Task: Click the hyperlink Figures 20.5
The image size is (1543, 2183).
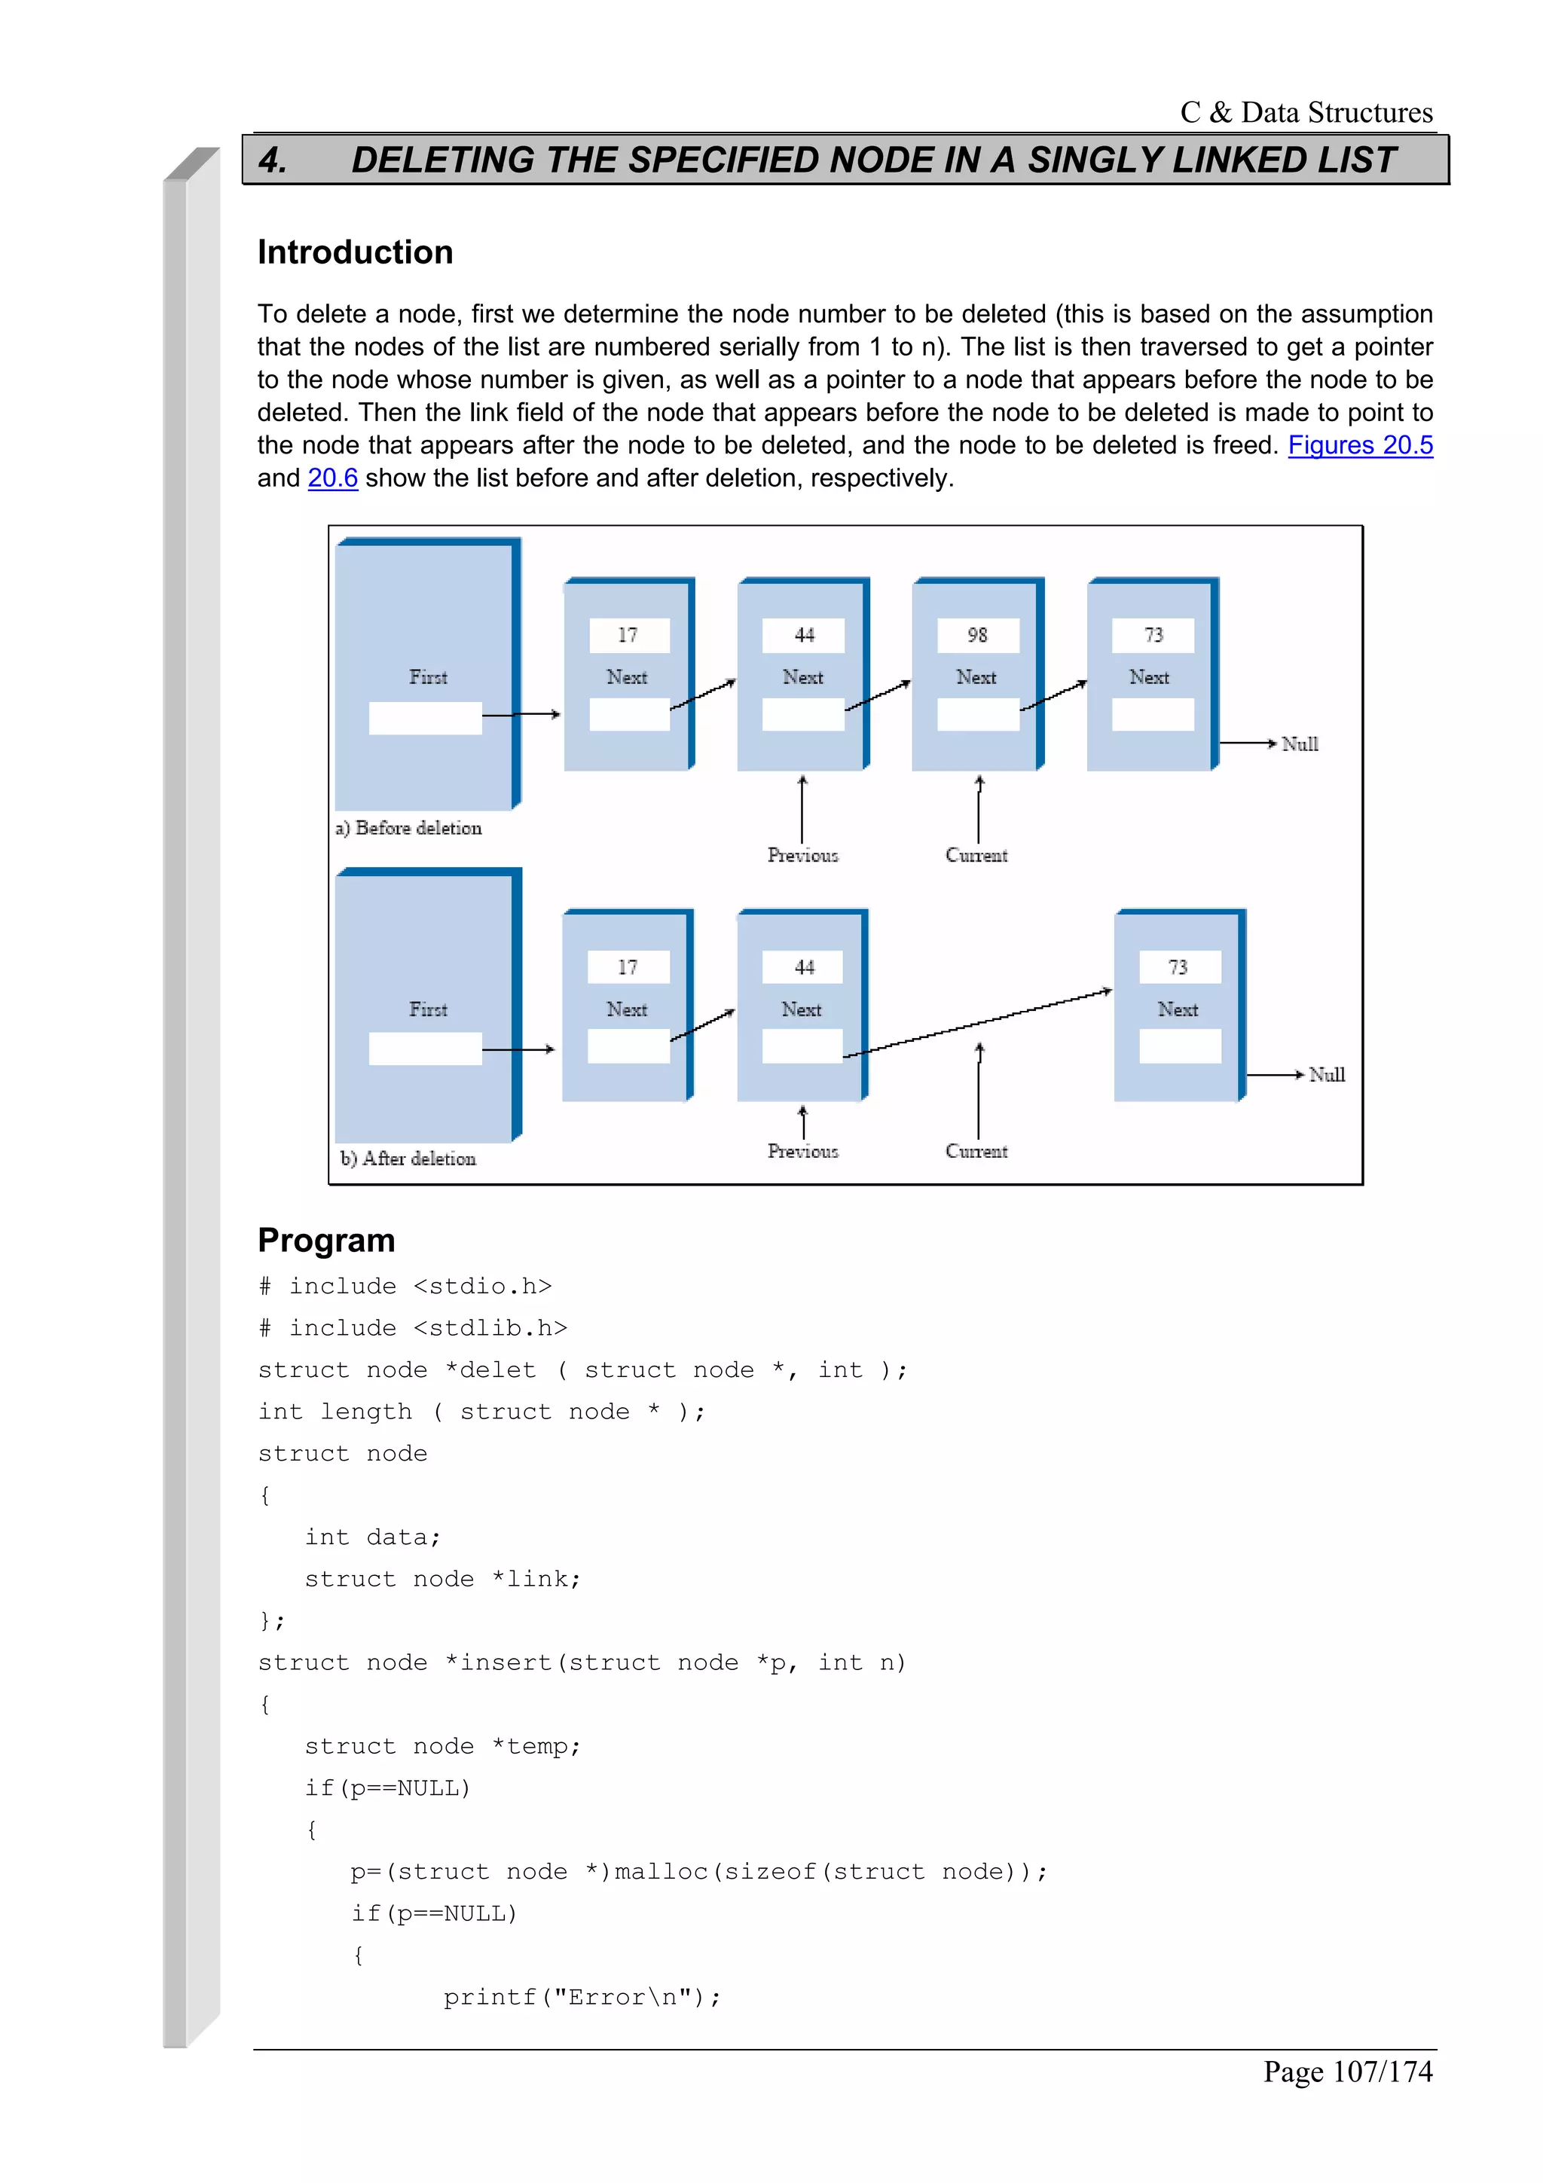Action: point(1359,445)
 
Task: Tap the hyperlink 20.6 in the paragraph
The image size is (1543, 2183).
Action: point(333,478)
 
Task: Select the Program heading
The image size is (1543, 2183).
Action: point(326,1240)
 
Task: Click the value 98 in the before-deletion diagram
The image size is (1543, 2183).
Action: point(977,635)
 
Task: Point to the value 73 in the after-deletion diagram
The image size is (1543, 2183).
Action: point(1178,967)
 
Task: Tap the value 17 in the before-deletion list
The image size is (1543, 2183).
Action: point(628,635)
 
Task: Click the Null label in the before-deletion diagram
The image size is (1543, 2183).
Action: point(1300,744)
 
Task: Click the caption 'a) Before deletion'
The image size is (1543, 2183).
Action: point(409,828)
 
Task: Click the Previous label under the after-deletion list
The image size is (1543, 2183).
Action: point(802,1152)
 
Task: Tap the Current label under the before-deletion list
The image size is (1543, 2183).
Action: point(976,856)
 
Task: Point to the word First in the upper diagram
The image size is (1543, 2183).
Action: point(428,678)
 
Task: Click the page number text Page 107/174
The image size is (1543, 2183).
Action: point(1347,2071)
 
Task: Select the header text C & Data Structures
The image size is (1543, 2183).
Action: point(1306,112)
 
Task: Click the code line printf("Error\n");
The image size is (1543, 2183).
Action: point(582,1998)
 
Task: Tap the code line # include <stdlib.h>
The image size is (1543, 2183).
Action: point(413,1328)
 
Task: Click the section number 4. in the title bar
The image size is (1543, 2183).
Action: point(273,160)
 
